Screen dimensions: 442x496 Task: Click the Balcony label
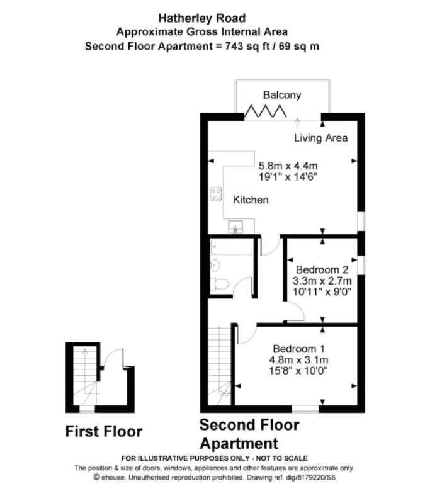[x=282, y=95]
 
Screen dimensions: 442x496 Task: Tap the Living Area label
[x=321, y=138]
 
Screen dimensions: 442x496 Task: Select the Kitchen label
[x=251, y=200]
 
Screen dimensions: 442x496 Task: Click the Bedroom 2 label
[x=322, y=269]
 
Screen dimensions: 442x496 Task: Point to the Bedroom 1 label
[x=298, y=349]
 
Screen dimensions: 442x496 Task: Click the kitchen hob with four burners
[x=217, y=194]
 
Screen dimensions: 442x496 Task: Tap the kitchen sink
[x=235, y=227]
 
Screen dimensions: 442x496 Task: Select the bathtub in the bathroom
[x=232, y=247]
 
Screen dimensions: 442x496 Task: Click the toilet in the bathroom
[x=220, y=284]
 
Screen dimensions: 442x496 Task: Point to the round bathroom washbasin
[x=215, y=265]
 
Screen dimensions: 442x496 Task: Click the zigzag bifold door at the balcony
[x=266, y=111]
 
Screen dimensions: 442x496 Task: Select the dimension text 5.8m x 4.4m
[x=288, y=166]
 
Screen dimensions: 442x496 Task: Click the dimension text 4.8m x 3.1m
[x=298, y=359]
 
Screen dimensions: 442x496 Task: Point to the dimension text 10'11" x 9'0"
[x=322, y=291]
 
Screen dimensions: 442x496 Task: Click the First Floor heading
[x=104, y=431]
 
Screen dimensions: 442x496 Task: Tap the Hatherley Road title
[x=202, y=18]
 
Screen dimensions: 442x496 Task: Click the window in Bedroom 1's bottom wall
[x=305, y=409]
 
